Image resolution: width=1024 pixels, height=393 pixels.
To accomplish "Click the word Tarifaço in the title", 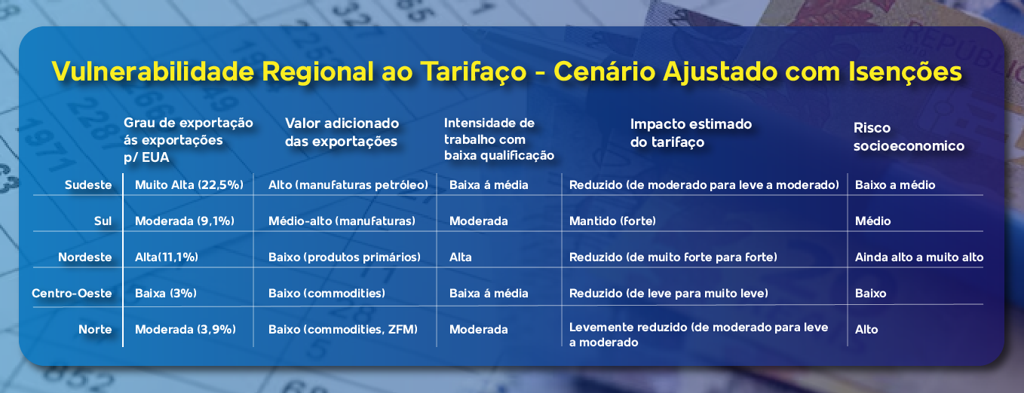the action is [473, 72].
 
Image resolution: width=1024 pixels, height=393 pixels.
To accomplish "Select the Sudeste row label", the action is [88, 185].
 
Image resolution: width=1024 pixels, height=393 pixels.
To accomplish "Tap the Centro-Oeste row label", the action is [72, 293].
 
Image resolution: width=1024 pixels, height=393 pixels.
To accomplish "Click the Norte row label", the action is [95, 329].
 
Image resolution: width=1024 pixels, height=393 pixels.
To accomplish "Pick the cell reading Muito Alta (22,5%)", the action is [189, 185].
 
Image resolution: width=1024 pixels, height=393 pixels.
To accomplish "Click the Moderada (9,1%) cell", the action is [184, 221].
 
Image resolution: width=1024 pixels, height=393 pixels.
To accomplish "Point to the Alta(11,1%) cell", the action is [167, 257].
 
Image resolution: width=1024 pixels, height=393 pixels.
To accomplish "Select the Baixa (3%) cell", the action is [165, 293].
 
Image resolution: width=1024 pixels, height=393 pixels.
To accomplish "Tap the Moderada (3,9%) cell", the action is [185, 329].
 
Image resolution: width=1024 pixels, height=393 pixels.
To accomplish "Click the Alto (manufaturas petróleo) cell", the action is [348, 185].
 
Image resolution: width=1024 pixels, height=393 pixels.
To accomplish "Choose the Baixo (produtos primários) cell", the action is [345, 257].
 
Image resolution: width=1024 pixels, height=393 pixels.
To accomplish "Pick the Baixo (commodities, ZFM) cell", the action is [343, 329].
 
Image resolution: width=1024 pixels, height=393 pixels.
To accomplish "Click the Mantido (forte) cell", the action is [612, 221].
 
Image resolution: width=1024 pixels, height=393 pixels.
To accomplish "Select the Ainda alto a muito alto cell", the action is [919, 257].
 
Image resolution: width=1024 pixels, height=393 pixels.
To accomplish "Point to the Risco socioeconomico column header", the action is [909, 136].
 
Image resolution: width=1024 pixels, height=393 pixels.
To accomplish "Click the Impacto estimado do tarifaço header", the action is [691, 133].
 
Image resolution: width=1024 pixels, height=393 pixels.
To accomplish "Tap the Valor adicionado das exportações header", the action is [342, 132].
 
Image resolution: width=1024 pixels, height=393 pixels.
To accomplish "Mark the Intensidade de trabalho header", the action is [498, 139].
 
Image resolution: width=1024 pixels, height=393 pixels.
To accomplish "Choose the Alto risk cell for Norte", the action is [866, 329].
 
